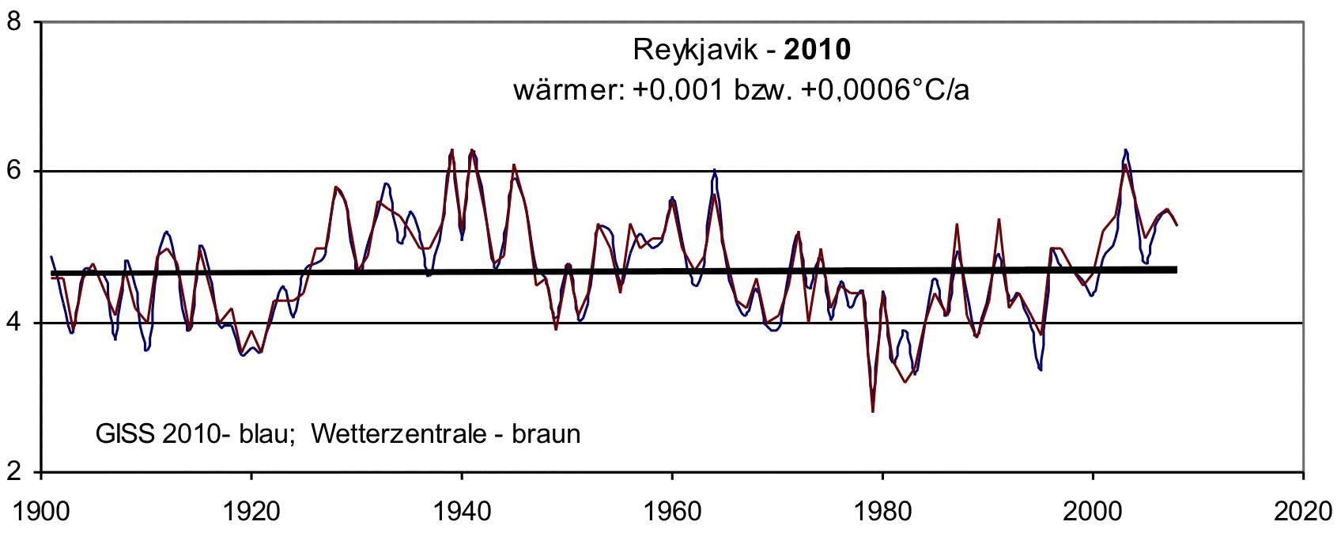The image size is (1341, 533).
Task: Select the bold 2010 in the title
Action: (x=818, y=50)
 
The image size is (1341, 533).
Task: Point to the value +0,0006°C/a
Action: (x=885, y=90)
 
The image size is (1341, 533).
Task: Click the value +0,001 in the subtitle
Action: (x=678, y=90)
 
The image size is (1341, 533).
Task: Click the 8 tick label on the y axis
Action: (x=13, y=21)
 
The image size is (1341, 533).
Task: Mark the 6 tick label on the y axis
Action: (x=13, y=171)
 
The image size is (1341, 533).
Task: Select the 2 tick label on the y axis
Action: (x=13, y=471)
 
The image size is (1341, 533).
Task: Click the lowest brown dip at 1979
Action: (x=873, y=411)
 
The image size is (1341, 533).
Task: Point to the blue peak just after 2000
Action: (x=1125, y=150)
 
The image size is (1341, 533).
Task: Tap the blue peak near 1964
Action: (x=715, y=170)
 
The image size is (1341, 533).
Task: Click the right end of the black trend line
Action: (x=1176, y=270)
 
